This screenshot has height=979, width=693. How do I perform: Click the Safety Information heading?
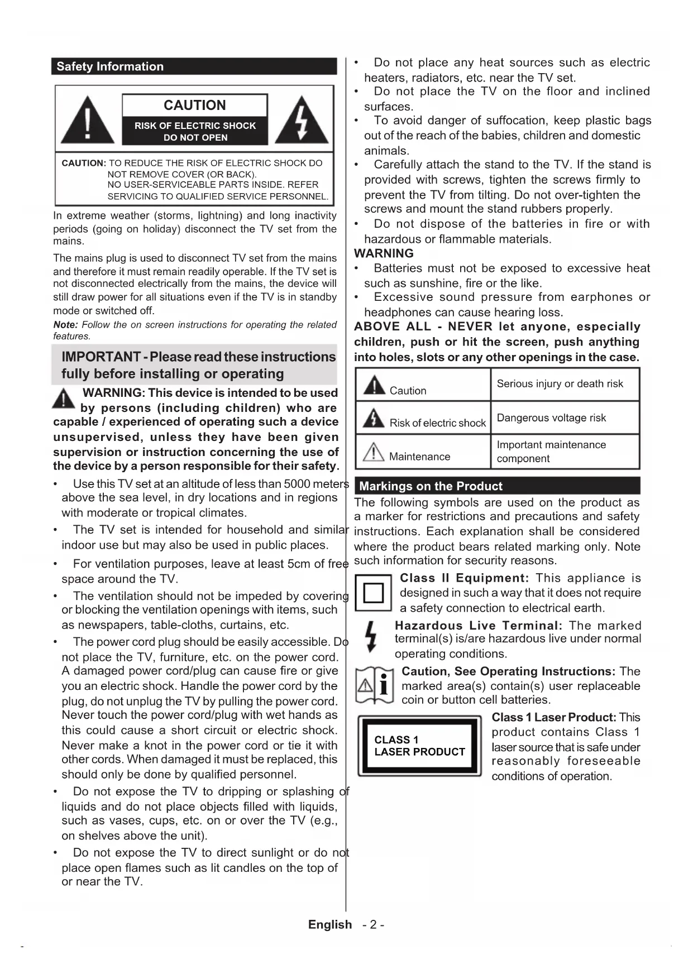(x=110, y=66)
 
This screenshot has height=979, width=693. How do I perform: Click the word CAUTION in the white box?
(x=194, y=105)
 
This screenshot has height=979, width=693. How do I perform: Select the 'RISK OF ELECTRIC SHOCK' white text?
(x=195, y=126)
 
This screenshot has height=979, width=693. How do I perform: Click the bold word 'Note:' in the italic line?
(x=65, y=325)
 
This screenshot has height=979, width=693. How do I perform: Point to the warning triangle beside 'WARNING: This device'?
(x=64, y=398)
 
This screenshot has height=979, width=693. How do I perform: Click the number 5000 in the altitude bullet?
(x=297, y=484)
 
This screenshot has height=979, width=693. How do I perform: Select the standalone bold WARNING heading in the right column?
(x=384, y=253)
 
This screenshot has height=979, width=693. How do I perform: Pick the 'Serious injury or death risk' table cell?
(x=560, y=383)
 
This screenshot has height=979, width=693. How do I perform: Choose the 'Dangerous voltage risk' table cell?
(x=551, y=417)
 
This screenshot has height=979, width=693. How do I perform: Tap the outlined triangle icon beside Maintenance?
(x=373, y=451)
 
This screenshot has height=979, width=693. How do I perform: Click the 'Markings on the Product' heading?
(x=431, y=486)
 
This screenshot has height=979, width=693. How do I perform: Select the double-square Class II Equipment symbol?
(x=374, y=592)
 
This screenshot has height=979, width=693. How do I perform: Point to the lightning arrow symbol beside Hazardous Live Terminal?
(x=371, y=637)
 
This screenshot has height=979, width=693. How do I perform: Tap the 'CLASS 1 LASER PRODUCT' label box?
(x=419, y=746)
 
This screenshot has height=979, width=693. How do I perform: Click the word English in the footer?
(x=330, y=925)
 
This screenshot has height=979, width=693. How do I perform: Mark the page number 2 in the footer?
(x=373, y=925)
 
